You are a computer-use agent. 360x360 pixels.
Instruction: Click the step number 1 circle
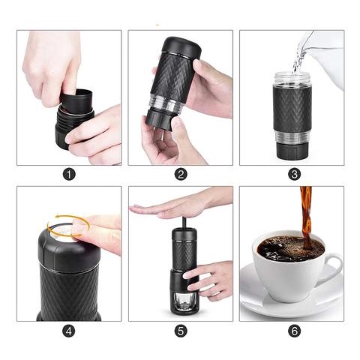[69, 174]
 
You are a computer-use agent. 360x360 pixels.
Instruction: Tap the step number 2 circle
[181, 174]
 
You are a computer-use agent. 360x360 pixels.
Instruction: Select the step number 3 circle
[294, 174]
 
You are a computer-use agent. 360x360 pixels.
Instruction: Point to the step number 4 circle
[69, 331]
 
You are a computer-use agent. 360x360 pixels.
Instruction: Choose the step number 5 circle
[181, 331]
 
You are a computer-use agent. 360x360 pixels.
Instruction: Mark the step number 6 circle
[294, 331]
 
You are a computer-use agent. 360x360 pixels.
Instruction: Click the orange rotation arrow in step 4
[68, 216]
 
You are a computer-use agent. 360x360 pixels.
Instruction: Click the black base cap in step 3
[292, 151]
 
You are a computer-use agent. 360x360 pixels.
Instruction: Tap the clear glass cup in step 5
[184, 301]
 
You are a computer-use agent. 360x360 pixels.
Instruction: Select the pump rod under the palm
[184, 223]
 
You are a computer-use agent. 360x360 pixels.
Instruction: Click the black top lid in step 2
[182, 47]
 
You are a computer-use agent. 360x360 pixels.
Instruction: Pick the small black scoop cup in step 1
[76, 100]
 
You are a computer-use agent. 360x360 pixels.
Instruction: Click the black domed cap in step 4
[68, 253]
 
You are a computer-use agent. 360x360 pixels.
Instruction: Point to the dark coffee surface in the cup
[290, 248]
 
